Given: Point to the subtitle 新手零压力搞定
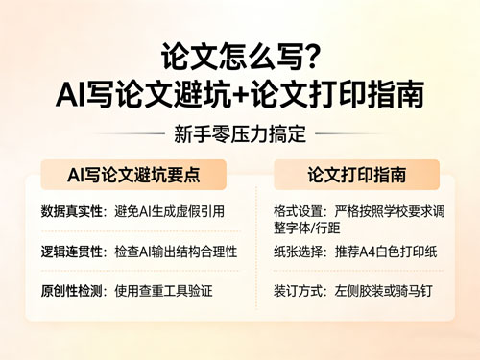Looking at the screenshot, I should (240, 135).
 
